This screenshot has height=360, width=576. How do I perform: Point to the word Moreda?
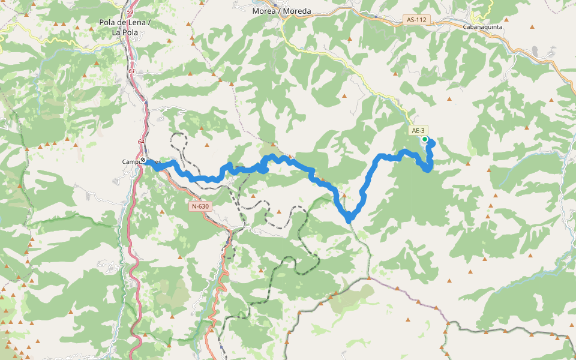point(298,11)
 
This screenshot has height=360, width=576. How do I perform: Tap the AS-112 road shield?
point(416,20)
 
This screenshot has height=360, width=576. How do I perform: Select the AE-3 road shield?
point(418,130)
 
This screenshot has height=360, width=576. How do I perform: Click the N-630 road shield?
point(200,206)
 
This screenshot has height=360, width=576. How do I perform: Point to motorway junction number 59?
point(130,11)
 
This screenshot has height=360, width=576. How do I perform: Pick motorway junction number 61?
point(131,71)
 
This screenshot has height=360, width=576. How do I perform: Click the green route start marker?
point(425,139)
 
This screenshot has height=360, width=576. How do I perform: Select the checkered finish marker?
point(143,160)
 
